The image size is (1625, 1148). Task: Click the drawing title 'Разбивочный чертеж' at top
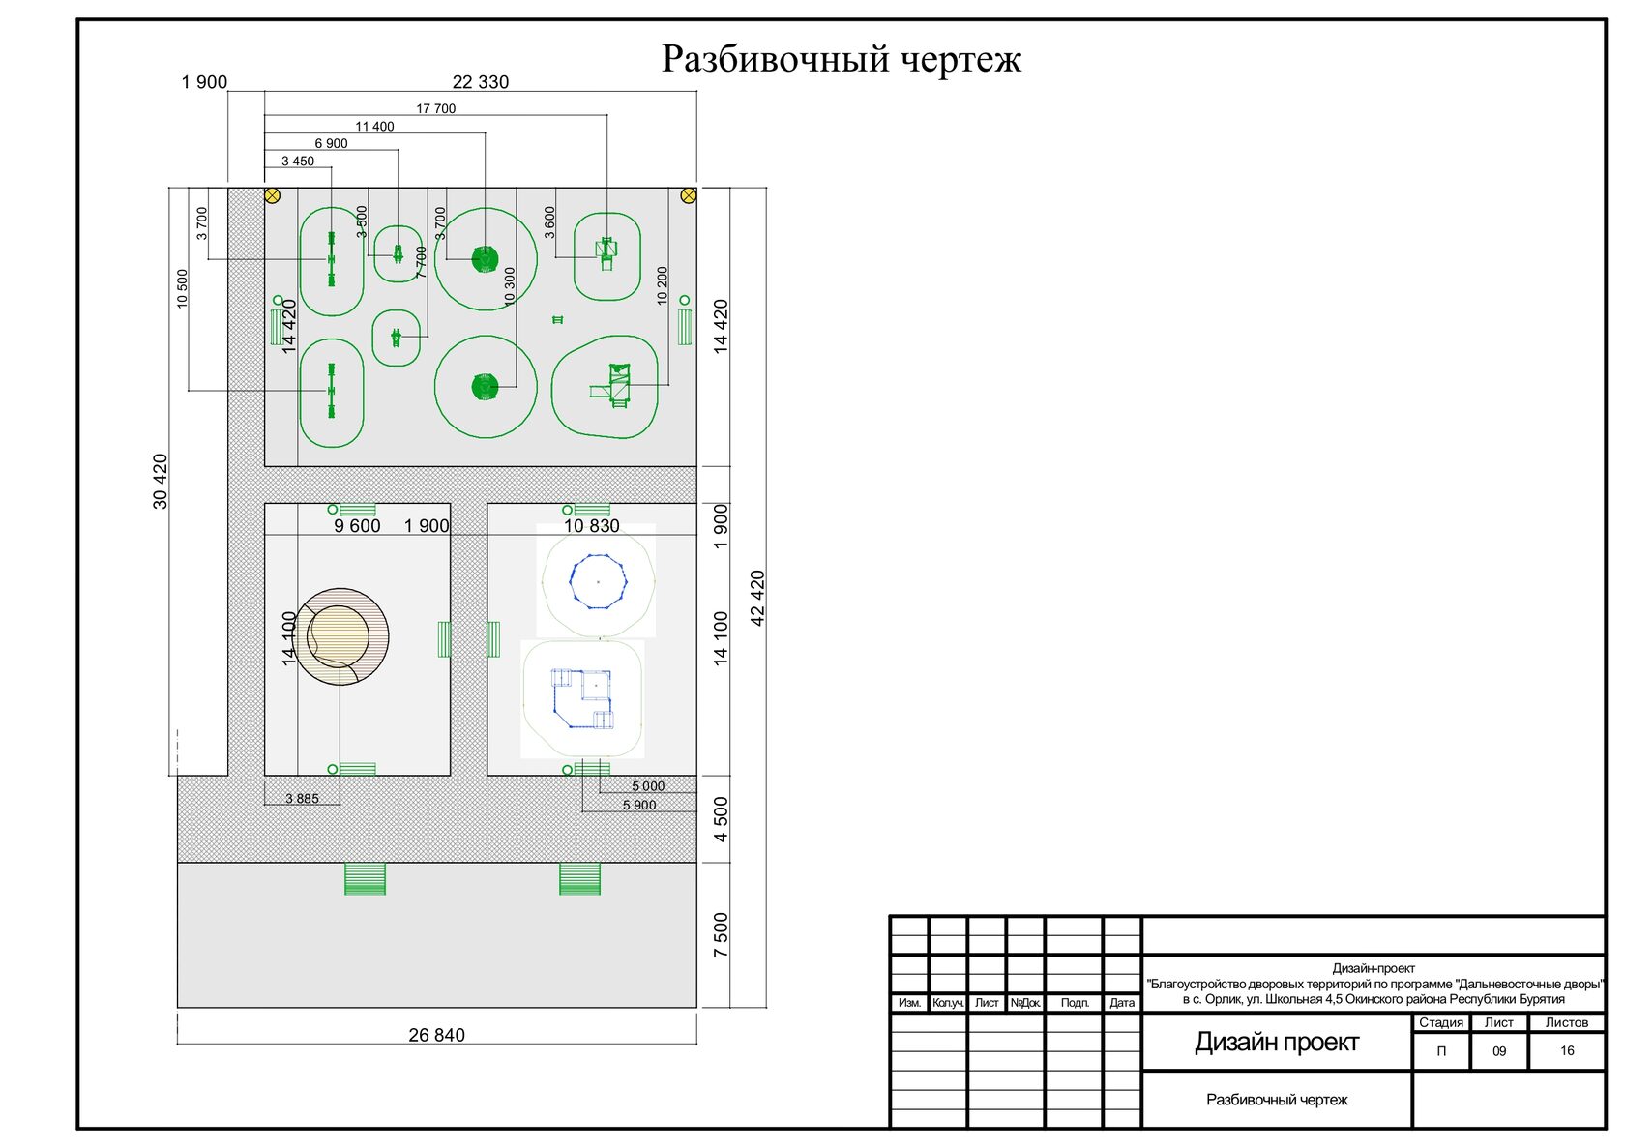coord(841,59)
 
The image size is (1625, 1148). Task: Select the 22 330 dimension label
coord(480,82)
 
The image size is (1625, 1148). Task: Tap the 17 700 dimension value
coord(436,108)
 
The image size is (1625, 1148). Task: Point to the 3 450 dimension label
coord(298,161)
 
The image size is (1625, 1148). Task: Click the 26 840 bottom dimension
coord(437,1035)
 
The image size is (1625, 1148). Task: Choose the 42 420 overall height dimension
coord(756,599)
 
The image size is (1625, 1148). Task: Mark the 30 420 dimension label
coord(160,481)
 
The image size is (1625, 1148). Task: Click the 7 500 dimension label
coord(720,935)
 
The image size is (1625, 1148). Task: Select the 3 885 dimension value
coord(302,799)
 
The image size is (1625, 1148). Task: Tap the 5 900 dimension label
coord(639,805)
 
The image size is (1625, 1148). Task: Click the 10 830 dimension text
coord(592,526)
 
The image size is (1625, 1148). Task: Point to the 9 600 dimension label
coord(357,526)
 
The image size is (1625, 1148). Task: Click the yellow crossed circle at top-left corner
coord(272,195)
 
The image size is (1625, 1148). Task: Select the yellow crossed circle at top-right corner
coord(689,195)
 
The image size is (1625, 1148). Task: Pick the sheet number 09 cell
coord(1499,1051)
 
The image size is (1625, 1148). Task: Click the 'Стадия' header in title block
coord(1441,1022)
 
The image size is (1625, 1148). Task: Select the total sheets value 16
coord(1567,1051)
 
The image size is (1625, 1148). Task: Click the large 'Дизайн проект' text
coord(1277,1043)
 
